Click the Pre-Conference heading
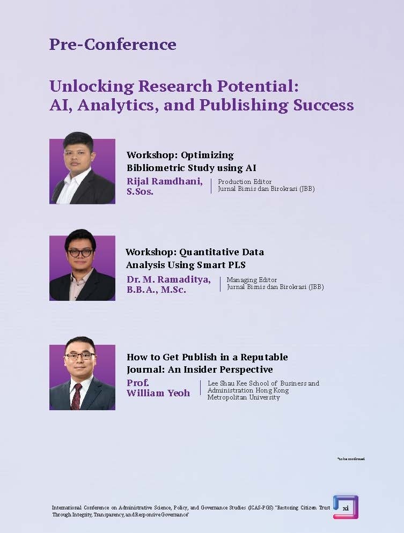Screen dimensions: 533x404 [113, 44]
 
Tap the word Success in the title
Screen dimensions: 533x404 [324, 105]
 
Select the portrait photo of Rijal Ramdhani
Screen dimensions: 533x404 [82, 172]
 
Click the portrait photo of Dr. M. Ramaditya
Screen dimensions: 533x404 [82, 268]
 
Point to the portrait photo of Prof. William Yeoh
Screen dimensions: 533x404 [82, 377]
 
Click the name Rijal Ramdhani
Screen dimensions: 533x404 [165, 181]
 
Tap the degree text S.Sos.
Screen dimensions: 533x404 [140, 191]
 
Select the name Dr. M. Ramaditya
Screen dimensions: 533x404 [168, 279]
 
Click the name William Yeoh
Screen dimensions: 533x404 [158, 393]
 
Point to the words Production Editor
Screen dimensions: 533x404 [245, 182]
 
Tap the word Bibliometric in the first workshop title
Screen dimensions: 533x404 [156, 168]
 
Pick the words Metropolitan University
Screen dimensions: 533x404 [244, 397]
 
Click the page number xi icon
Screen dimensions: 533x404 [346, 507]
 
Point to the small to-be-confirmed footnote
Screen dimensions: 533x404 [351, 459]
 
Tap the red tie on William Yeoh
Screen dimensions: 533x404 [77, 395]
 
